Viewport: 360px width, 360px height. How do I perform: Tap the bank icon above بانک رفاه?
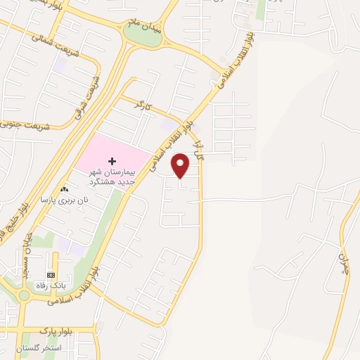point(51,274)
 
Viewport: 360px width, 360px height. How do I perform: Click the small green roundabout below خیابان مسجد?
point(23,295)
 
